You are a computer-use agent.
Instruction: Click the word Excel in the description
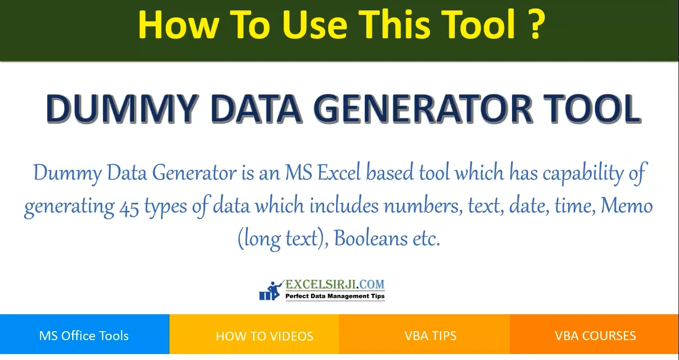(339, 173)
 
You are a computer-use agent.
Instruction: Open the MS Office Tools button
(84, 336)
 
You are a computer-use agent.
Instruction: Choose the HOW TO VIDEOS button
(264, 336)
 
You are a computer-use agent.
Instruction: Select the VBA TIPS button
(430, 336)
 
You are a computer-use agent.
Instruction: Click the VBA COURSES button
(595, 336)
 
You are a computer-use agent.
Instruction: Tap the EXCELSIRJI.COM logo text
(335, 285)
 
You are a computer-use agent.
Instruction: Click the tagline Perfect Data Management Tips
(335, 296)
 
